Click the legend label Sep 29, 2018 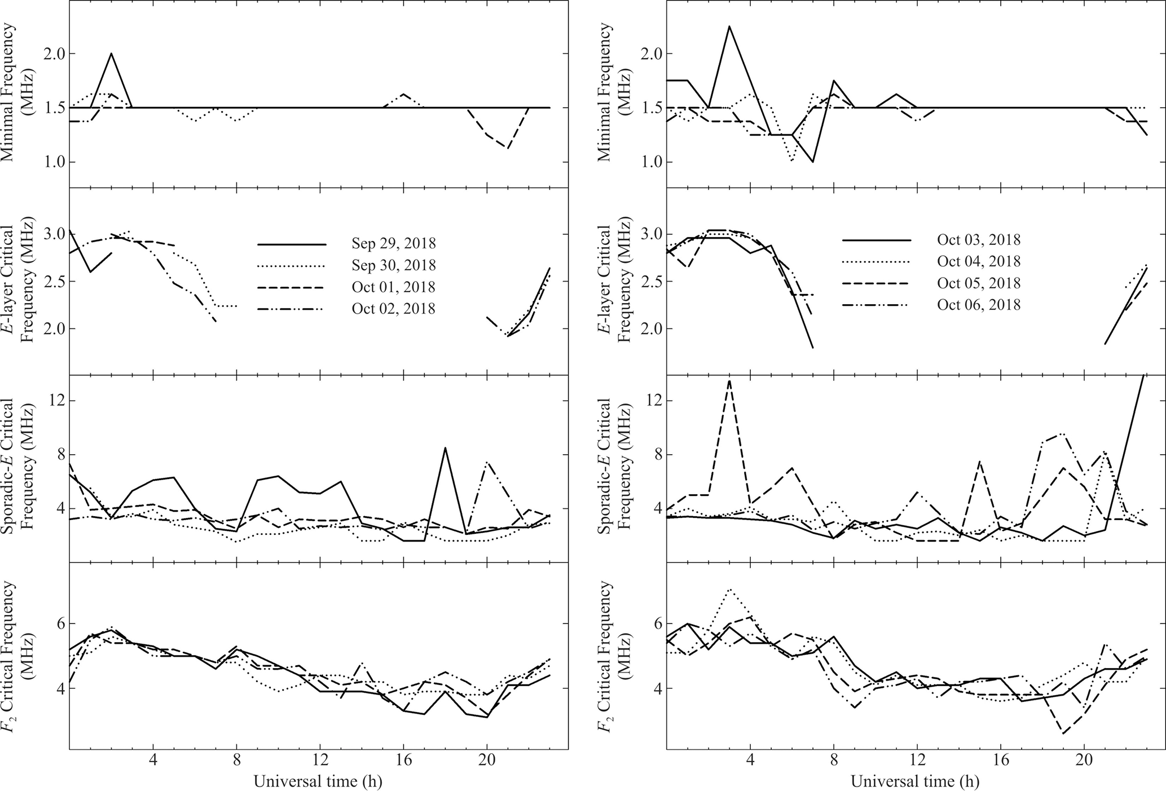click(393, 244)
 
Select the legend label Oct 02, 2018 click(393, 309)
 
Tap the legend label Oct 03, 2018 click(979, 240)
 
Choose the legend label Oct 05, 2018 click(979, 283)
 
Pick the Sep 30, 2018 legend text click(393, 265)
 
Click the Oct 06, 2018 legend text click(979, 305)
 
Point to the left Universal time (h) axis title click(318, 781)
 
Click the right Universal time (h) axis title click(914, 781)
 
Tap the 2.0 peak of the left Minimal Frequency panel click(111, 54)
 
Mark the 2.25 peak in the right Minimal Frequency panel click(729, 26)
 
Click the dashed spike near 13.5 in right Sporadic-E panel click(729, 380)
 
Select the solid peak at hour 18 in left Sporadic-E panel click(445, 448)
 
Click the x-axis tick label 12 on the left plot click(320, 763)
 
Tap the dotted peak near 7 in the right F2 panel click(729, 590)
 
